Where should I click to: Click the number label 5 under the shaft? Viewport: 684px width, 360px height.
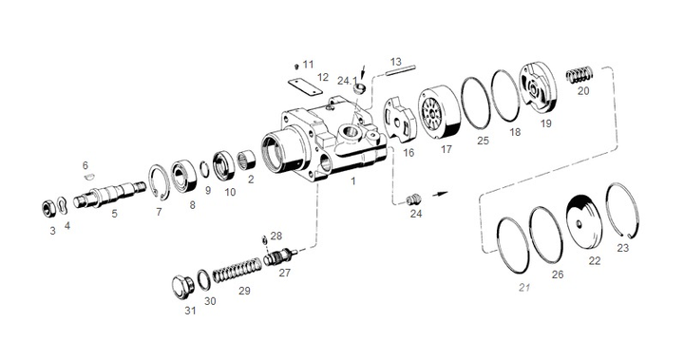pyautogui.click(x=114, y=215)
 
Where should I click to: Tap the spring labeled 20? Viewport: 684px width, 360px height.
pyautogui.click(x=580, y=74)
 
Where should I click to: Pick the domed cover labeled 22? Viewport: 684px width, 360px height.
pyautogui.click(x=582, y=219)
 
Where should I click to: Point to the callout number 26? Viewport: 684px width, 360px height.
pyautogui.click(x=558, y=275)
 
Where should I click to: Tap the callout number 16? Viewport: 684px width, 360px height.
pyautogui.click(x=408, y=152)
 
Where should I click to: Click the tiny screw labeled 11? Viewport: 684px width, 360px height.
pyautogui.click(x=296, y=65)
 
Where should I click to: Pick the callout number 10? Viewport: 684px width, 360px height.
pyautogui.click(x=230, y=191)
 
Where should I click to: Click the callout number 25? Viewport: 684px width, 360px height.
pyautogui.click(x=483, y=141)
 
